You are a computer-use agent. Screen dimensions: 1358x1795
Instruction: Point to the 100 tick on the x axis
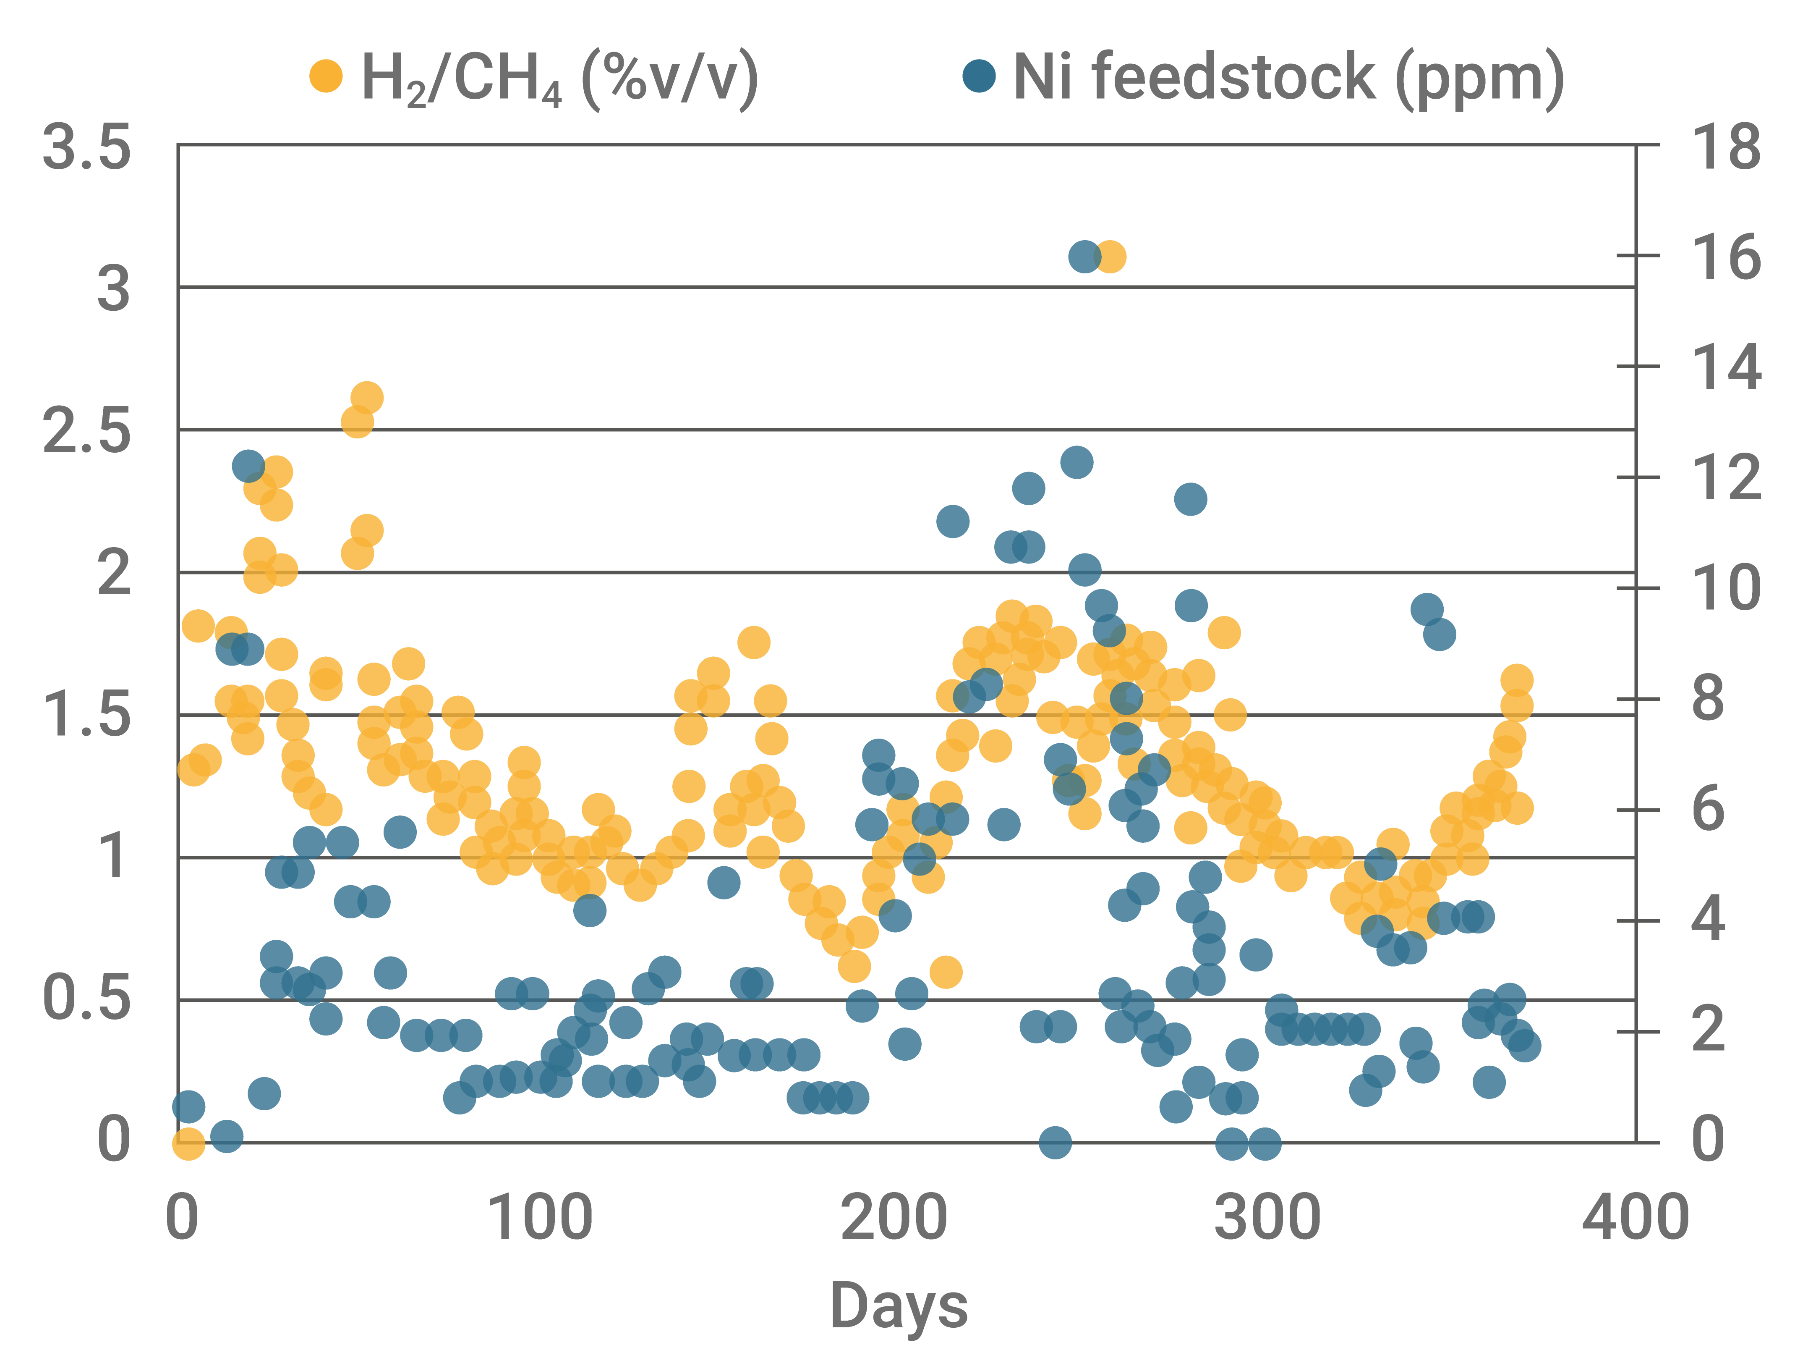click(540, 1218)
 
